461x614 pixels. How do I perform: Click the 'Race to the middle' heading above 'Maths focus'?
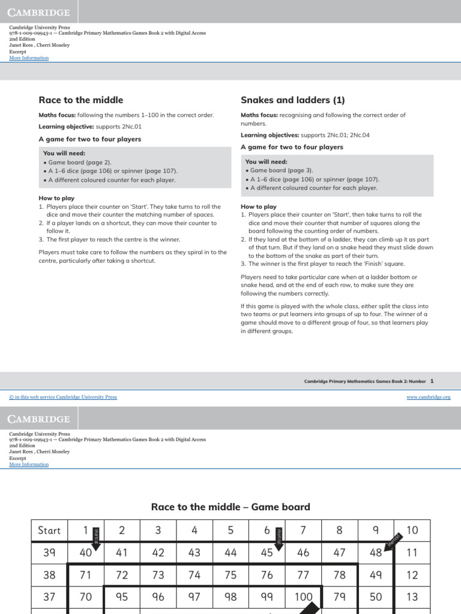click(x=80, y=100)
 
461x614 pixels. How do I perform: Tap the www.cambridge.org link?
click(x=429, y=397)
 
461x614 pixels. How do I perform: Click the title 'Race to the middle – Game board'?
click(x=230, y=507)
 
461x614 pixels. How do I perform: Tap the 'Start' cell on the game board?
click(x=49, y=530)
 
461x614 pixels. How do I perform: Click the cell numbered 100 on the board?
click(x=303, y=597)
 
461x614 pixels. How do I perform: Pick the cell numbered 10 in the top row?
click(x=412, y=530)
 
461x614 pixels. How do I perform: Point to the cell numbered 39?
click(x=49, y=553)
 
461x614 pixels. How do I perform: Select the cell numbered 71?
click(x=86, y=575)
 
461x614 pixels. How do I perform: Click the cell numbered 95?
click(x=122, y=597)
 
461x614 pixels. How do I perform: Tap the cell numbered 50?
click(x=376, y=597)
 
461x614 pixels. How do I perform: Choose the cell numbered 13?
click(x=412, y=597)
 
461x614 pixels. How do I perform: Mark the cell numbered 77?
click(x=303, y=575)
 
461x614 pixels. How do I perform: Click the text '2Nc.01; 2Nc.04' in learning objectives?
click(x=349, y=136)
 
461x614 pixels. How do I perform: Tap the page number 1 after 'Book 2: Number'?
click(x=432, y=381)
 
